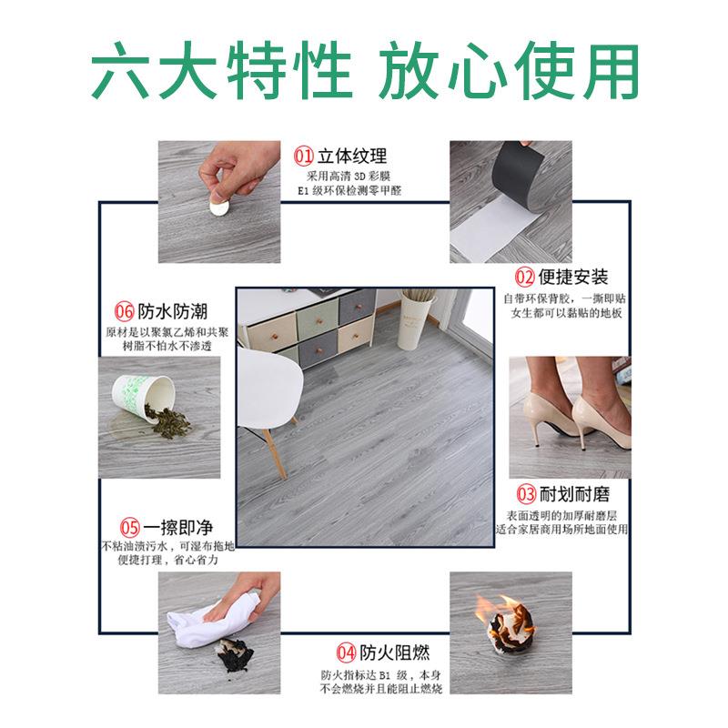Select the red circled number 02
(525, 277)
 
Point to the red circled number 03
(526, 495)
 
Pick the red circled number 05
(130, 527)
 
